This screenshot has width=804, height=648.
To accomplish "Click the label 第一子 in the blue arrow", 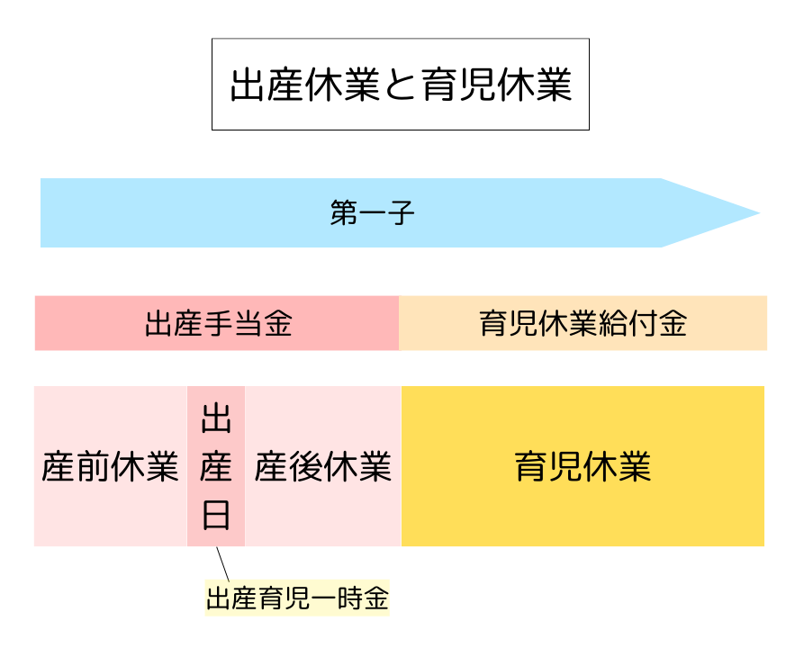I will coord(372,214).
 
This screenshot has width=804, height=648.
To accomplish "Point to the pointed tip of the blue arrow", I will coord(758,213).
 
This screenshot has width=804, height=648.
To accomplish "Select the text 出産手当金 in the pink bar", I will coord(219,323).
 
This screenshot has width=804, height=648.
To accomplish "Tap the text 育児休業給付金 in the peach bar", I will coord(583,323).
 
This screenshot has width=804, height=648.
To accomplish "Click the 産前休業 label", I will coord(110,467).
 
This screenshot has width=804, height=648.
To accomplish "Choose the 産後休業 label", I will coord(322,467).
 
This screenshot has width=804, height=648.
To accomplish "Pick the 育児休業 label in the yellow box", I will coord(583,467).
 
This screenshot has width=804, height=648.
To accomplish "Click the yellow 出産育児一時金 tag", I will coord(297,598).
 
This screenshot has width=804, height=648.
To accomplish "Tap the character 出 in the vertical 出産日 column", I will coord(216,419).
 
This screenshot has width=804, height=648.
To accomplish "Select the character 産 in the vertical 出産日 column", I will coord(216,467).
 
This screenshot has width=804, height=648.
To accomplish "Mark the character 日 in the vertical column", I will coord(216,515).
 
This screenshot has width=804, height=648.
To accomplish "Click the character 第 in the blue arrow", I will coord(344,214).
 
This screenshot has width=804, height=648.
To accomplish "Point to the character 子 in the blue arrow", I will coord(401,214).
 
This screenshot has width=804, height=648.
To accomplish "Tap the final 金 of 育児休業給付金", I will coord(673,323).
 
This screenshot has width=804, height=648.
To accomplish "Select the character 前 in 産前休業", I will coord(93,467).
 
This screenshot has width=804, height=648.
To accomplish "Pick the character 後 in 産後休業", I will coord(305,467).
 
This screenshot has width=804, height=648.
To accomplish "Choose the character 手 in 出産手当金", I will coord(219,323).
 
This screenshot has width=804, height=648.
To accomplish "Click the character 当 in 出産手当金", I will coord(248,323).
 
